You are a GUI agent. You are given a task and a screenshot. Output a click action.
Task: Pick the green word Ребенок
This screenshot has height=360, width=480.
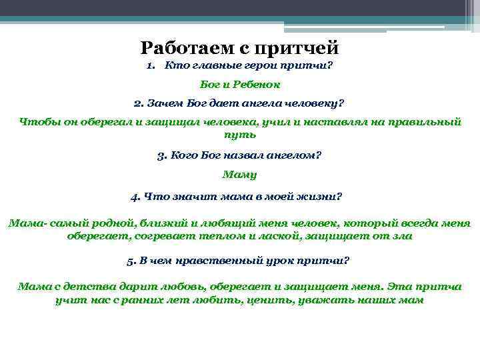[256, 85]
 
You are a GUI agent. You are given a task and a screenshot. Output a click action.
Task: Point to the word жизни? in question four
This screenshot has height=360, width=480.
[320, 197]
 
